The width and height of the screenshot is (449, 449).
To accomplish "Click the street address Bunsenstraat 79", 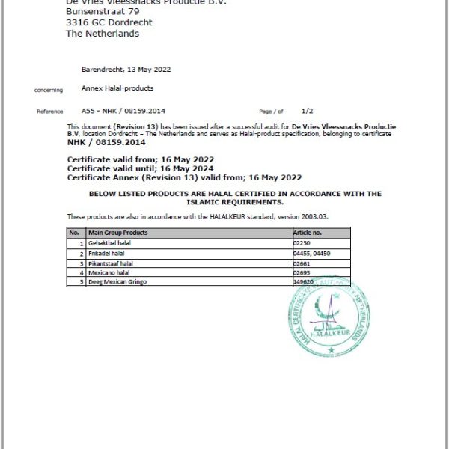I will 103,12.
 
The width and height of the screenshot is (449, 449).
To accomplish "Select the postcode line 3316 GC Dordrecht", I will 109,22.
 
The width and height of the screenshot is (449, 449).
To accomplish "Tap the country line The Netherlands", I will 103,33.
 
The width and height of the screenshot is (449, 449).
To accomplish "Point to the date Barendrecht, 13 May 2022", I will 126,70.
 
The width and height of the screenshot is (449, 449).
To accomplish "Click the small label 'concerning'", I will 49,90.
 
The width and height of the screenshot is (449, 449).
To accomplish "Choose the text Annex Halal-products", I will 117,88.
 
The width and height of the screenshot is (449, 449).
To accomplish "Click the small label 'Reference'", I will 50,112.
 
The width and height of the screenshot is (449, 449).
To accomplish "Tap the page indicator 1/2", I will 308,110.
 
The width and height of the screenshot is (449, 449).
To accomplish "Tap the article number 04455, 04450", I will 312,254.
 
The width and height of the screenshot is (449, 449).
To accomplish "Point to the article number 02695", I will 302,273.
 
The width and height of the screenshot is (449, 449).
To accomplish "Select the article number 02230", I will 302,244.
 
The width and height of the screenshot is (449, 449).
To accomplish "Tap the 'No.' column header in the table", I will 75,233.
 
